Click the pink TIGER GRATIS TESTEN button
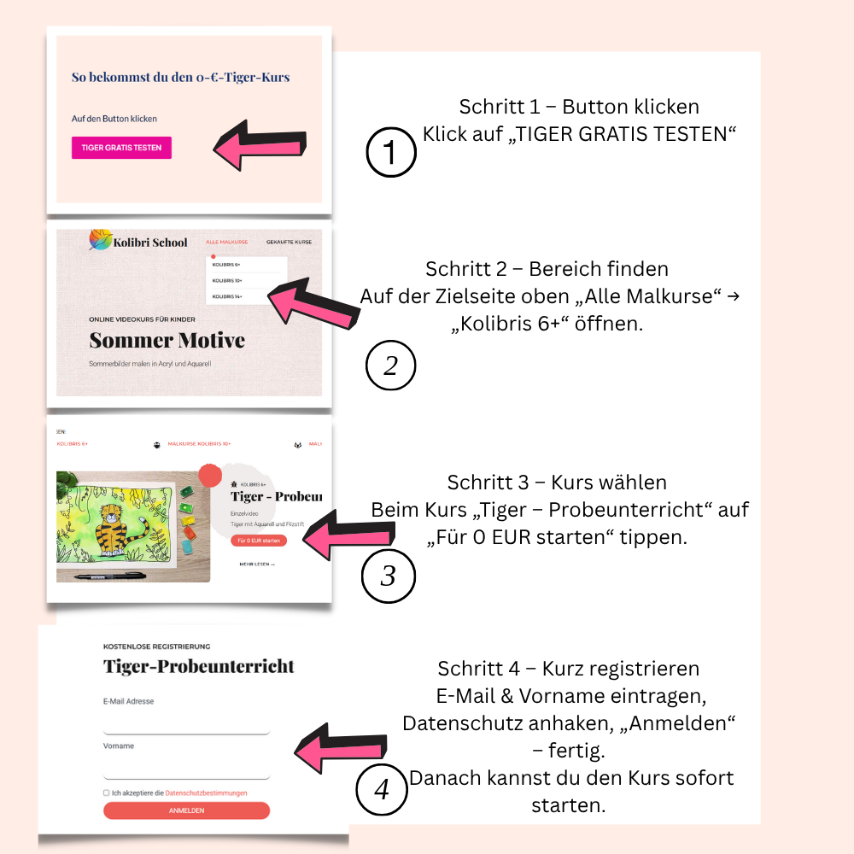tap(121, 148)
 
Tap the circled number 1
tap(390, 153)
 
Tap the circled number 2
tap(390, 366)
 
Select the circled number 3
tap(388, 576)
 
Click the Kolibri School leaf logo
tap(101, 242)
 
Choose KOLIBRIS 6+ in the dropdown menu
tap(226, 265)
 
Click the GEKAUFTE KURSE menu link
tap(289, 243)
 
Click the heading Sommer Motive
tap(167, 341)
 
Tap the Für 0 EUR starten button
tap(258, 541)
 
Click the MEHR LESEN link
tap(257, 564)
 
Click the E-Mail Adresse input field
tap(186, 724)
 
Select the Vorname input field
tap(186, 769)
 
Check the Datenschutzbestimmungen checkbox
tap(107, 793)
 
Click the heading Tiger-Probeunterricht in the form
tap(198, 667)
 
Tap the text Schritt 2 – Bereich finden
tap(547, 269)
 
